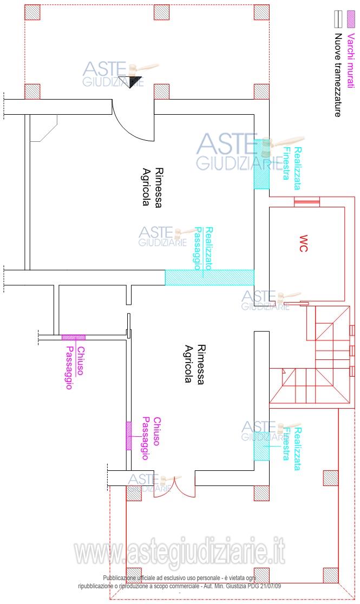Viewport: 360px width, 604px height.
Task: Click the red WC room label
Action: (303, 243)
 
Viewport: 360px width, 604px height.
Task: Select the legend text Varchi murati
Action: (350, 61)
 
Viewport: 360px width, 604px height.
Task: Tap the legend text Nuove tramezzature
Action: (338, 75)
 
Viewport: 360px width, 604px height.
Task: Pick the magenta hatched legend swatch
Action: (350, 19)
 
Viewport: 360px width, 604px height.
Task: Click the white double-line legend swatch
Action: (338, 19)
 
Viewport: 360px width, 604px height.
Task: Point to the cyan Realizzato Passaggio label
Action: (204, 248)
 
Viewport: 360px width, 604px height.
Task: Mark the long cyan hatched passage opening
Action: (210, 277)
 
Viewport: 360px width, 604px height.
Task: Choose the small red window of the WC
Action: (307, 201)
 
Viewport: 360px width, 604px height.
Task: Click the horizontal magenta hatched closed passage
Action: (74, 337)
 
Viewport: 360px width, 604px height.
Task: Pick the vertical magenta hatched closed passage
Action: (129, 436)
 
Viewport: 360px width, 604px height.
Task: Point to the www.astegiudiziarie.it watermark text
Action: (180, 553)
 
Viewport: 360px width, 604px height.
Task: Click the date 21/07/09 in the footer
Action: (270, 586)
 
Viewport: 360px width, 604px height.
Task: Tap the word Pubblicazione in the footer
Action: (119, 578)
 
